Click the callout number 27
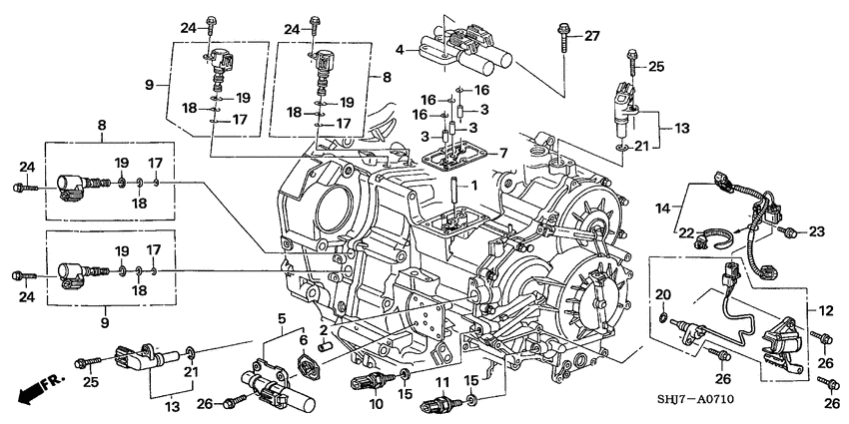[x=591, y=37]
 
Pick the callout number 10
[x=377, y=404]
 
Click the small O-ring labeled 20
[x=663, y=318]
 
